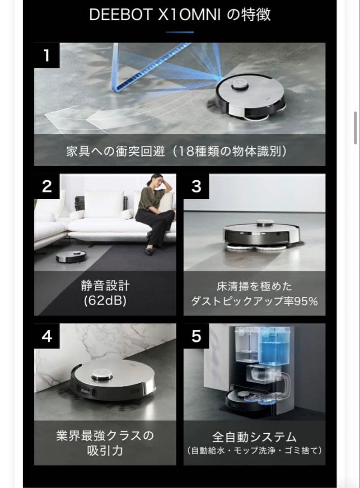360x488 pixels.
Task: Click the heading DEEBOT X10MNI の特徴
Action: tap(180, 14)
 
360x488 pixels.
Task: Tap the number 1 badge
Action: tap(46, 55)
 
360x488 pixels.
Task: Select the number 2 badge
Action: tap(47, 186)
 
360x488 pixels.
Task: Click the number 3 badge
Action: tap(196, 186)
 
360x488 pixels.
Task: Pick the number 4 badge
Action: tap(47, 336)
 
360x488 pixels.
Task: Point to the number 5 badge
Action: tap(196, 336)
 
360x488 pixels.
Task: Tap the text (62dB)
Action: tap(105, 301)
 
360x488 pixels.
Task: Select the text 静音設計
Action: tap(105, 286)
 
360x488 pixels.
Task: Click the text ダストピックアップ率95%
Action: tap(254, 301)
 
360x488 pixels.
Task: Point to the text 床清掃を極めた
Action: tap(254, 286)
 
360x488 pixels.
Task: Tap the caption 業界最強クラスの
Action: tap(105, 436)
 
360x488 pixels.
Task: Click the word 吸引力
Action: tap(105, 451)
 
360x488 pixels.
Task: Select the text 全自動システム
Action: tap(254, 437)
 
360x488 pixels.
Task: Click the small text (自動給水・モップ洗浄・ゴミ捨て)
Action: tap(254, 450)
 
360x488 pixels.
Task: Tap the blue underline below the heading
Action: tap(180, 32)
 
